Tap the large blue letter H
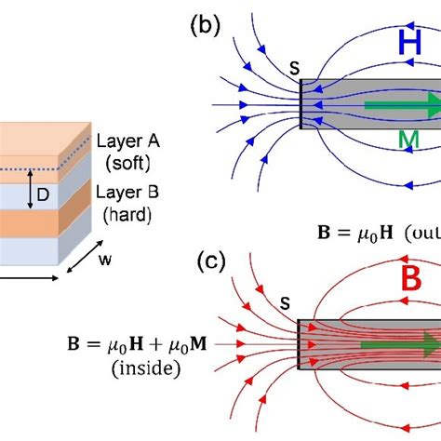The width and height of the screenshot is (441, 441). [x=410, y=43]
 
